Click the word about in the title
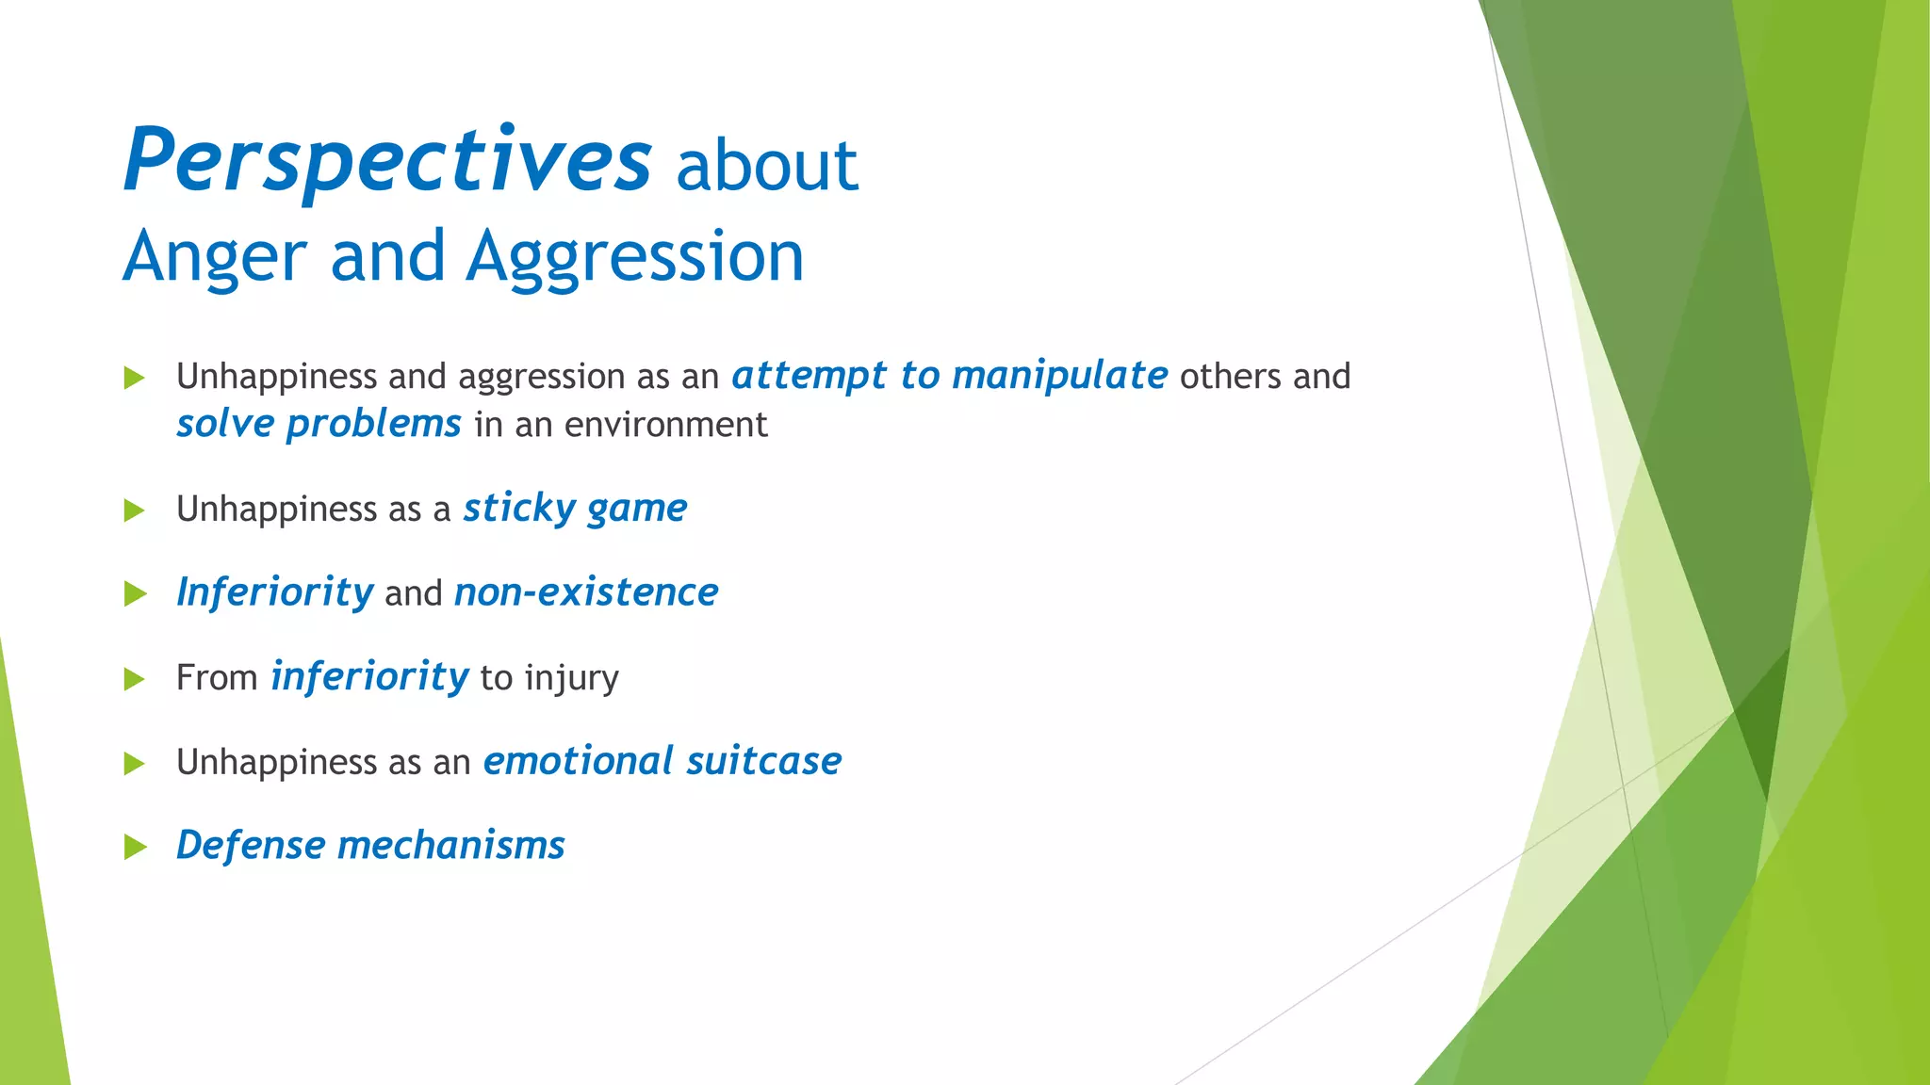pyautogui.click(x=766, y=166)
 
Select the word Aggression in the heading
pyautogui.click(x=634, y=258)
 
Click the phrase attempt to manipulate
pyautogui.click(x=949, y=376)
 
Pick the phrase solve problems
pyautogui.click(x=319, y=424)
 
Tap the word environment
pyautogui.click(x=665, y=425)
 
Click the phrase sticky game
pyautogui.click(x=574, y=509)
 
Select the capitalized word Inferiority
pyautogui.click(x=274, y=592)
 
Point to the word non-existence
pyautogui.click(x=585, y=592)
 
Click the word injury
pyautogui.click(x=571, y=678)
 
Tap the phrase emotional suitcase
pyautogui.click(x=662, y=761)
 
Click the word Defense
pyautogui.click(x=251, y=845)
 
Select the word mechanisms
pyautogui.click(x=450, y=845)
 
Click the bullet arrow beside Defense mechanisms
pyautogui.click(x=135, y=847)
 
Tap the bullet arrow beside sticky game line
pyautogui.click(x=135, y=510)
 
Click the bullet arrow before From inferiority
pyautogui.click(x=135, y=679)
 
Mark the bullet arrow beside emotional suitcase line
pyautogui.click(x=135, y=763)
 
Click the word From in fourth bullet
pyautogui.click(x=217, y=678)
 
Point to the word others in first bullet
pyautogui.click(x=1230, y=377)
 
